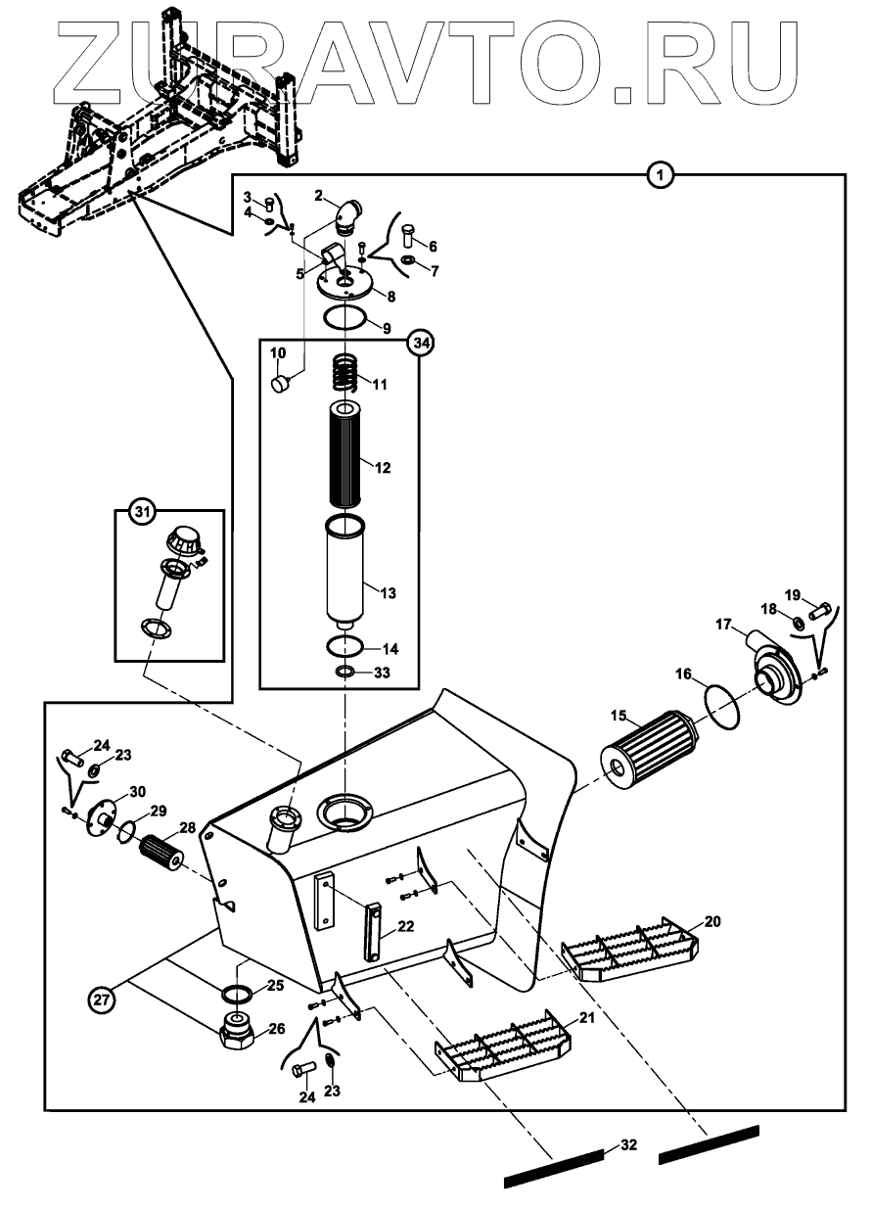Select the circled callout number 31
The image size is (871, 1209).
click(143, 511)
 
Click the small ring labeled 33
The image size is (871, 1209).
click(345, 672)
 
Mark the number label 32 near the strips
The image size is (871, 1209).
click(627, 1145)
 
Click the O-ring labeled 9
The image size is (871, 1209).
click(345, 319)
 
